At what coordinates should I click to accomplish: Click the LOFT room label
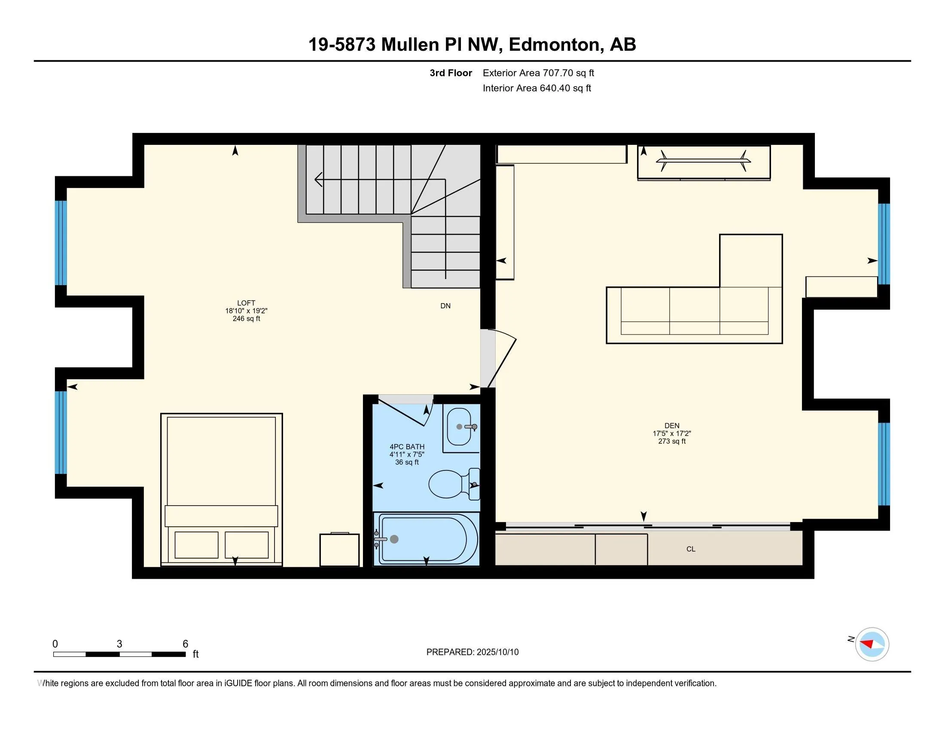coord(246,303)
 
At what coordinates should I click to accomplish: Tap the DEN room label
coord(672,426)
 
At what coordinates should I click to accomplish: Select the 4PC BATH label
coord(407,446)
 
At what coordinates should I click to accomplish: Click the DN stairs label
coord(445,306)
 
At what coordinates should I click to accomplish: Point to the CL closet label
coord(691,549)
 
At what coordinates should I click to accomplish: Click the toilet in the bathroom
coord(454,484)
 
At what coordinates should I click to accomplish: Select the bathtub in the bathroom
coord(426,539)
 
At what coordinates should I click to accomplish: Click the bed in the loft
coord(222,489)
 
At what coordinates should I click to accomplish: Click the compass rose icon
coord(872,645)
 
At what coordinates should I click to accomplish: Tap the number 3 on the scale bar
coord(119,644)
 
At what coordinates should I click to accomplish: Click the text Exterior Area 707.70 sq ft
coord(538,73)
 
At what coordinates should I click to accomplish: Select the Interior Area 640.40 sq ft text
coord(537,88)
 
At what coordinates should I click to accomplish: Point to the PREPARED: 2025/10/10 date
coord(472,652)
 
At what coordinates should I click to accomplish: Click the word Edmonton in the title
coord(556,45)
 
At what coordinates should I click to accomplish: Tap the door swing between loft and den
coord(502,359)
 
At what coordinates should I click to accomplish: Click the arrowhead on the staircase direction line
coord(318,179)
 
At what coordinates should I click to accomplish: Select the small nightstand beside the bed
coord(340,550)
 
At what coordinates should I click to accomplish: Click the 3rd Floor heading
coord(451,73)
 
